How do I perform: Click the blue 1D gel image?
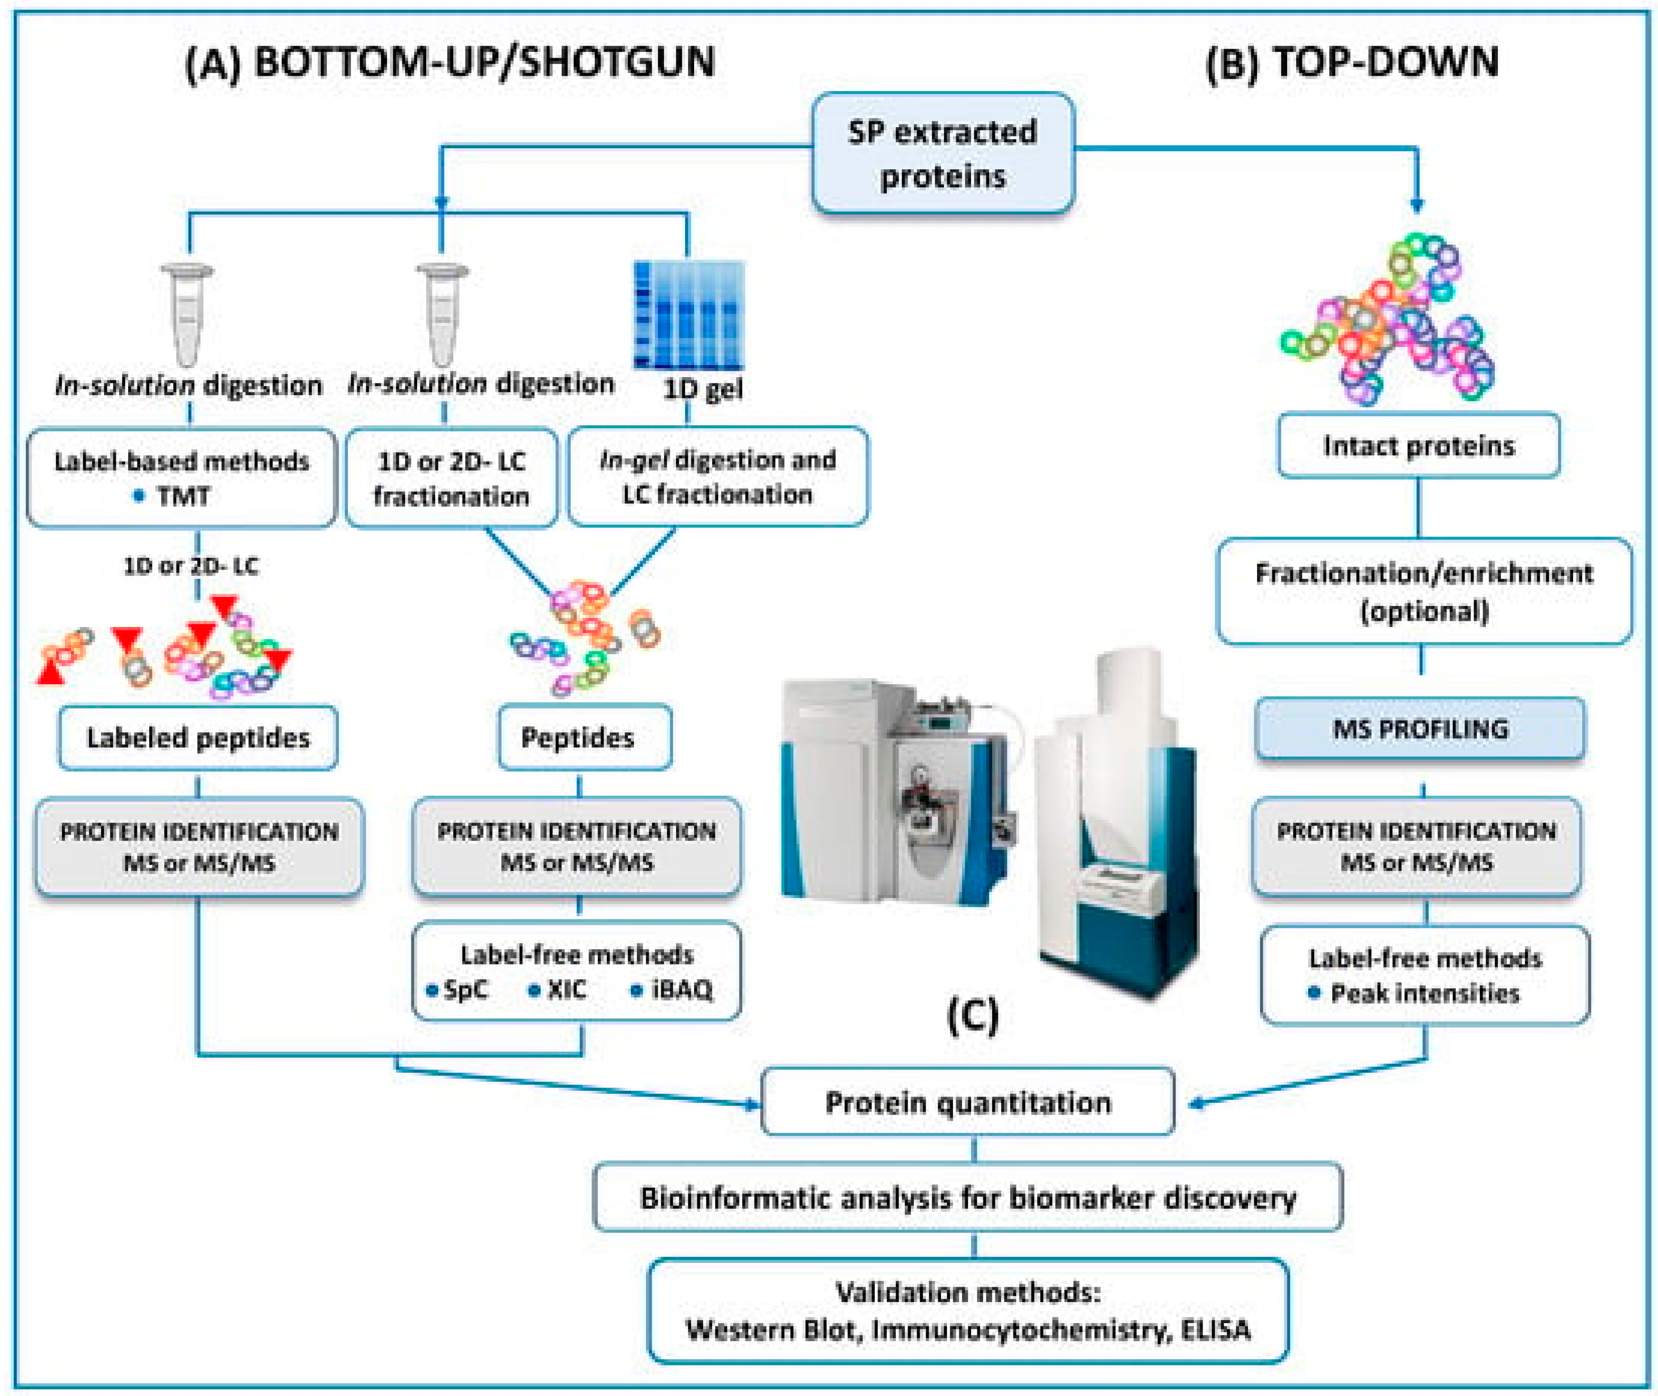coord(688,315)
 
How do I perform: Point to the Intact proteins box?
coord(1418,446)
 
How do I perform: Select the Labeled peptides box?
coord(198,738)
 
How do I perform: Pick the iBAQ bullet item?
coord(681,989)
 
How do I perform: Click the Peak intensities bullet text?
coord(1424,993)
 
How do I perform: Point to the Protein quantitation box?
coord(967,1102)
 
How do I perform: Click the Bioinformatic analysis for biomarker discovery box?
coord(967,1197)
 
